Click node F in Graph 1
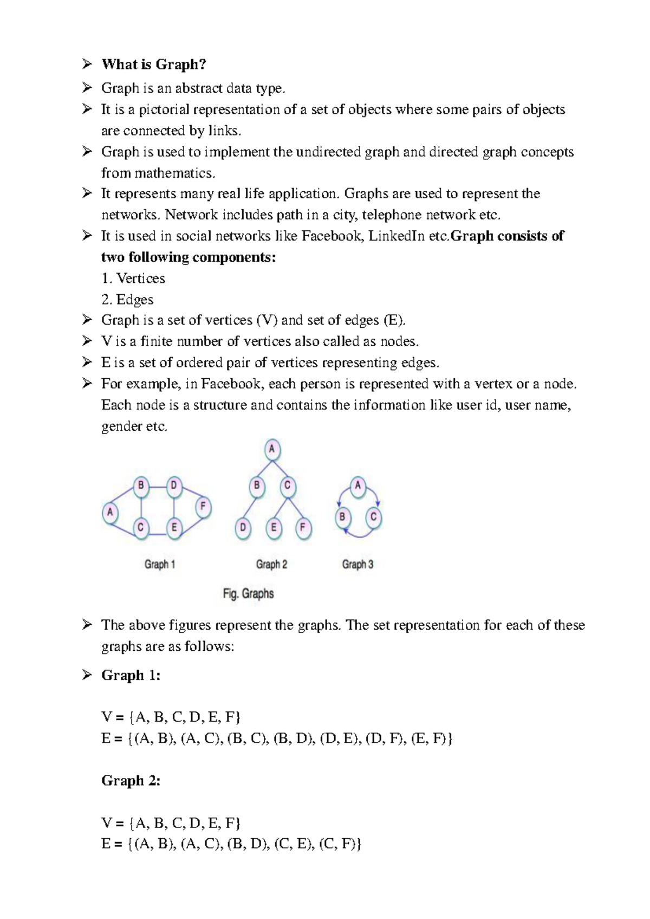click(x=203, y=507)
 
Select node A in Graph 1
click(x=110, y=512)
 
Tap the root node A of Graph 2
click(x=272, y=449)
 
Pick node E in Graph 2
click(x=274, y=527)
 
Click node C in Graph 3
click(x=373, y=517)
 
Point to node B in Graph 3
click(x=342, y=517)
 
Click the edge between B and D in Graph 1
click(x=157, y=486)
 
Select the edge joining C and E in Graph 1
click(x=158, y=535)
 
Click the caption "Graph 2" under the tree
click(x=271, y=565)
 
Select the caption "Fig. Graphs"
click(x=248, y=594)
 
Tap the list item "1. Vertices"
click(x=133, y=279)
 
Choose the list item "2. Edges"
click(x=127, y=300)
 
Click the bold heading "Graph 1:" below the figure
click(x=131, y=676)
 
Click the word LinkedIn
click(x=396, y=236)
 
